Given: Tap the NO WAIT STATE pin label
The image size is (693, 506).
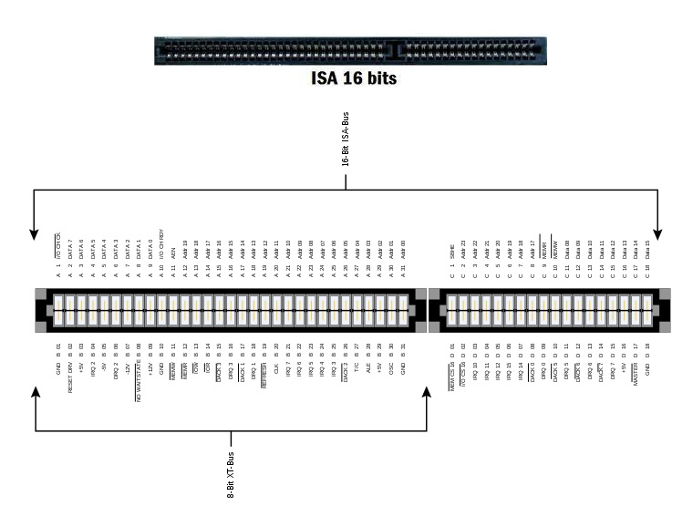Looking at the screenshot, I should coord(139,383).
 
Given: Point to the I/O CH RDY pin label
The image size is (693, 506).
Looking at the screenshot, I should coord(162,245).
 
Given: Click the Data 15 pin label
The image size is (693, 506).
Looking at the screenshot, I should coord(647,249).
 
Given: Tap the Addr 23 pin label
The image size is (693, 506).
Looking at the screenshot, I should coord(463,250).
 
